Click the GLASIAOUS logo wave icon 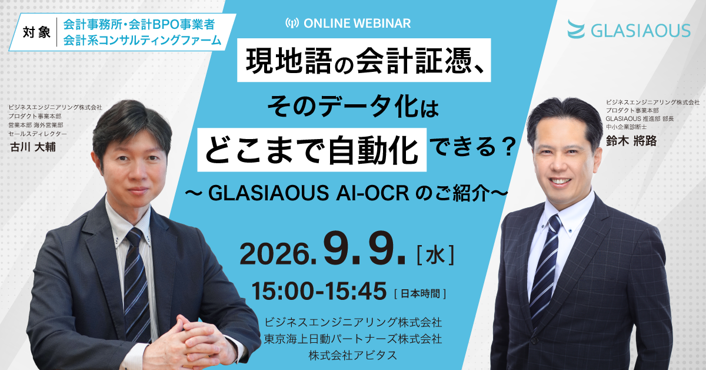point(576,29)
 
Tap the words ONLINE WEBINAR point(357,24)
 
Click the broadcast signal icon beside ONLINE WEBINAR point(292,23)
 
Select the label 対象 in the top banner point(36,32)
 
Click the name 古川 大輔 point(33,147)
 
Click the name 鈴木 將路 point(631,140)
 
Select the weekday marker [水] point(435,255)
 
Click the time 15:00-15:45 point(319,291)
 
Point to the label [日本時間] point(420,294)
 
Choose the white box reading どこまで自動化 point(312,150)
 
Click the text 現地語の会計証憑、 point(364,60)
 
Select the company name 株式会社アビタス point(353,355)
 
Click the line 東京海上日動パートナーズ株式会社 point(353,339)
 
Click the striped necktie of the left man point(136,284)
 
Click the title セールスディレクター point(38,134)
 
